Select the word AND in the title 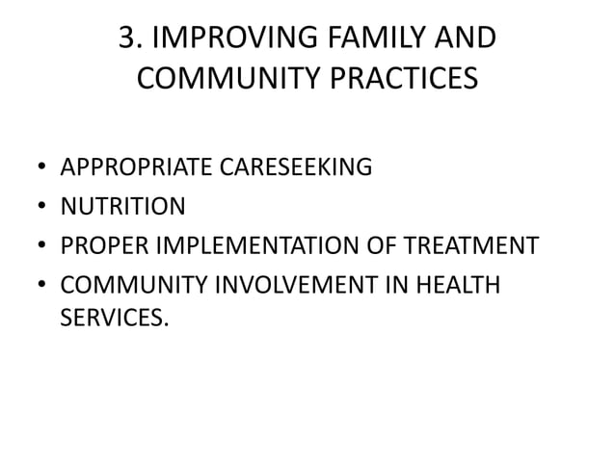click(467, 38)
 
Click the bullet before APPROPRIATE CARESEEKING click(40, 169)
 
